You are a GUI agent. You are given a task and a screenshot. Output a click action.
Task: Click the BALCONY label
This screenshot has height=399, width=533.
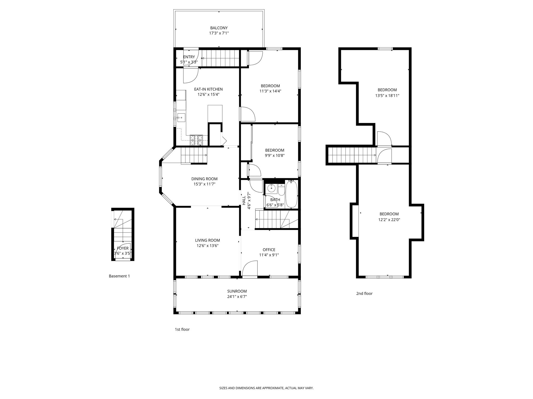pos(219,28)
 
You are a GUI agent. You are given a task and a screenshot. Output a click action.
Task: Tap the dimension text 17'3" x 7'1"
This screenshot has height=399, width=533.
pos(219,33)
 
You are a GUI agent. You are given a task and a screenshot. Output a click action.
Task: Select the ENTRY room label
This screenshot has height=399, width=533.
pos(189,57)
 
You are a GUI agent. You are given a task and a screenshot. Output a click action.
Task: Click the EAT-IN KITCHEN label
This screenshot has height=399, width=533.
pos(208,89)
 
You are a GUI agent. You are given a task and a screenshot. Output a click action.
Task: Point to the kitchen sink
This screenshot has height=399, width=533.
pos(181,118)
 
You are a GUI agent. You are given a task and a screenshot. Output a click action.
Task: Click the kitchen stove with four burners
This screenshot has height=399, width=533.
pos(196,140)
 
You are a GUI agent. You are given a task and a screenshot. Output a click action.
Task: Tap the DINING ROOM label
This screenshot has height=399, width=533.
pos(204,179)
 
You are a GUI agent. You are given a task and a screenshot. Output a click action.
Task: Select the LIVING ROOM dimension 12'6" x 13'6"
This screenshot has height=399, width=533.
pos(207,246)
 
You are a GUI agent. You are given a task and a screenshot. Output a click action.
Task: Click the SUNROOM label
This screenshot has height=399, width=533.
pos(237,291)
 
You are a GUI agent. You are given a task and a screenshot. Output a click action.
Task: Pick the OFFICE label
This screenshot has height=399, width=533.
pos(269,250)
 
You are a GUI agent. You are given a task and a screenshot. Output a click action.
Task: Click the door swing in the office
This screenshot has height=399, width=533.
pos(249,268)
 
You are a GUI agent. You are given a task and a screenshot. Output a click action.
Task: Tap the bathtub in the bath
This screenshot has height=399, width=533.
pos(291,194)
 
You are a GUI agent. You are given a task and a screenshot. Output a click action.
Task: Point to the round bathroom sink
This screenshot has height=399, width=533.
pos(271,188)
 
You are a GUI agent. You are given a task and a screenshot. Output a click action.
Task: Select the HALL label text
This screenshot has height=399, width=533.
pos(244,201)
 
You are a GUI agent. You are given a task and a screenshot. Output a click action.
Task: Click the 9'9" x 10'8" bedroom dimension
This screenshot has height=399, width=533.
pos(275,156)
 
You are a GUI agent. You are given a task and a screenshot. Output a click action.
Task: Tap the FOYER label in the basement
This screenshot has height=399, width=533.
pos(123,248)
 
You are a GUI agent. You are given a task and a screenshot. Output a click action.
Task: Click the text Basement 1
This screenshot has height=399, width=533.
pos(119,276)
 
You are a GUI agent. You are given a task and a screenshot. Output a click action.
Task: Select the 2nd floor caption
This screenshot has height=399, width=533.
pos(364,294)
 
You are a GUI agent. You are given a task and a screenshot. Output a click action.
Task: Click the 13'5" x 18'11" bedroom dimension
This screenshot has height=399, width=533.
pos(387,95)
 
